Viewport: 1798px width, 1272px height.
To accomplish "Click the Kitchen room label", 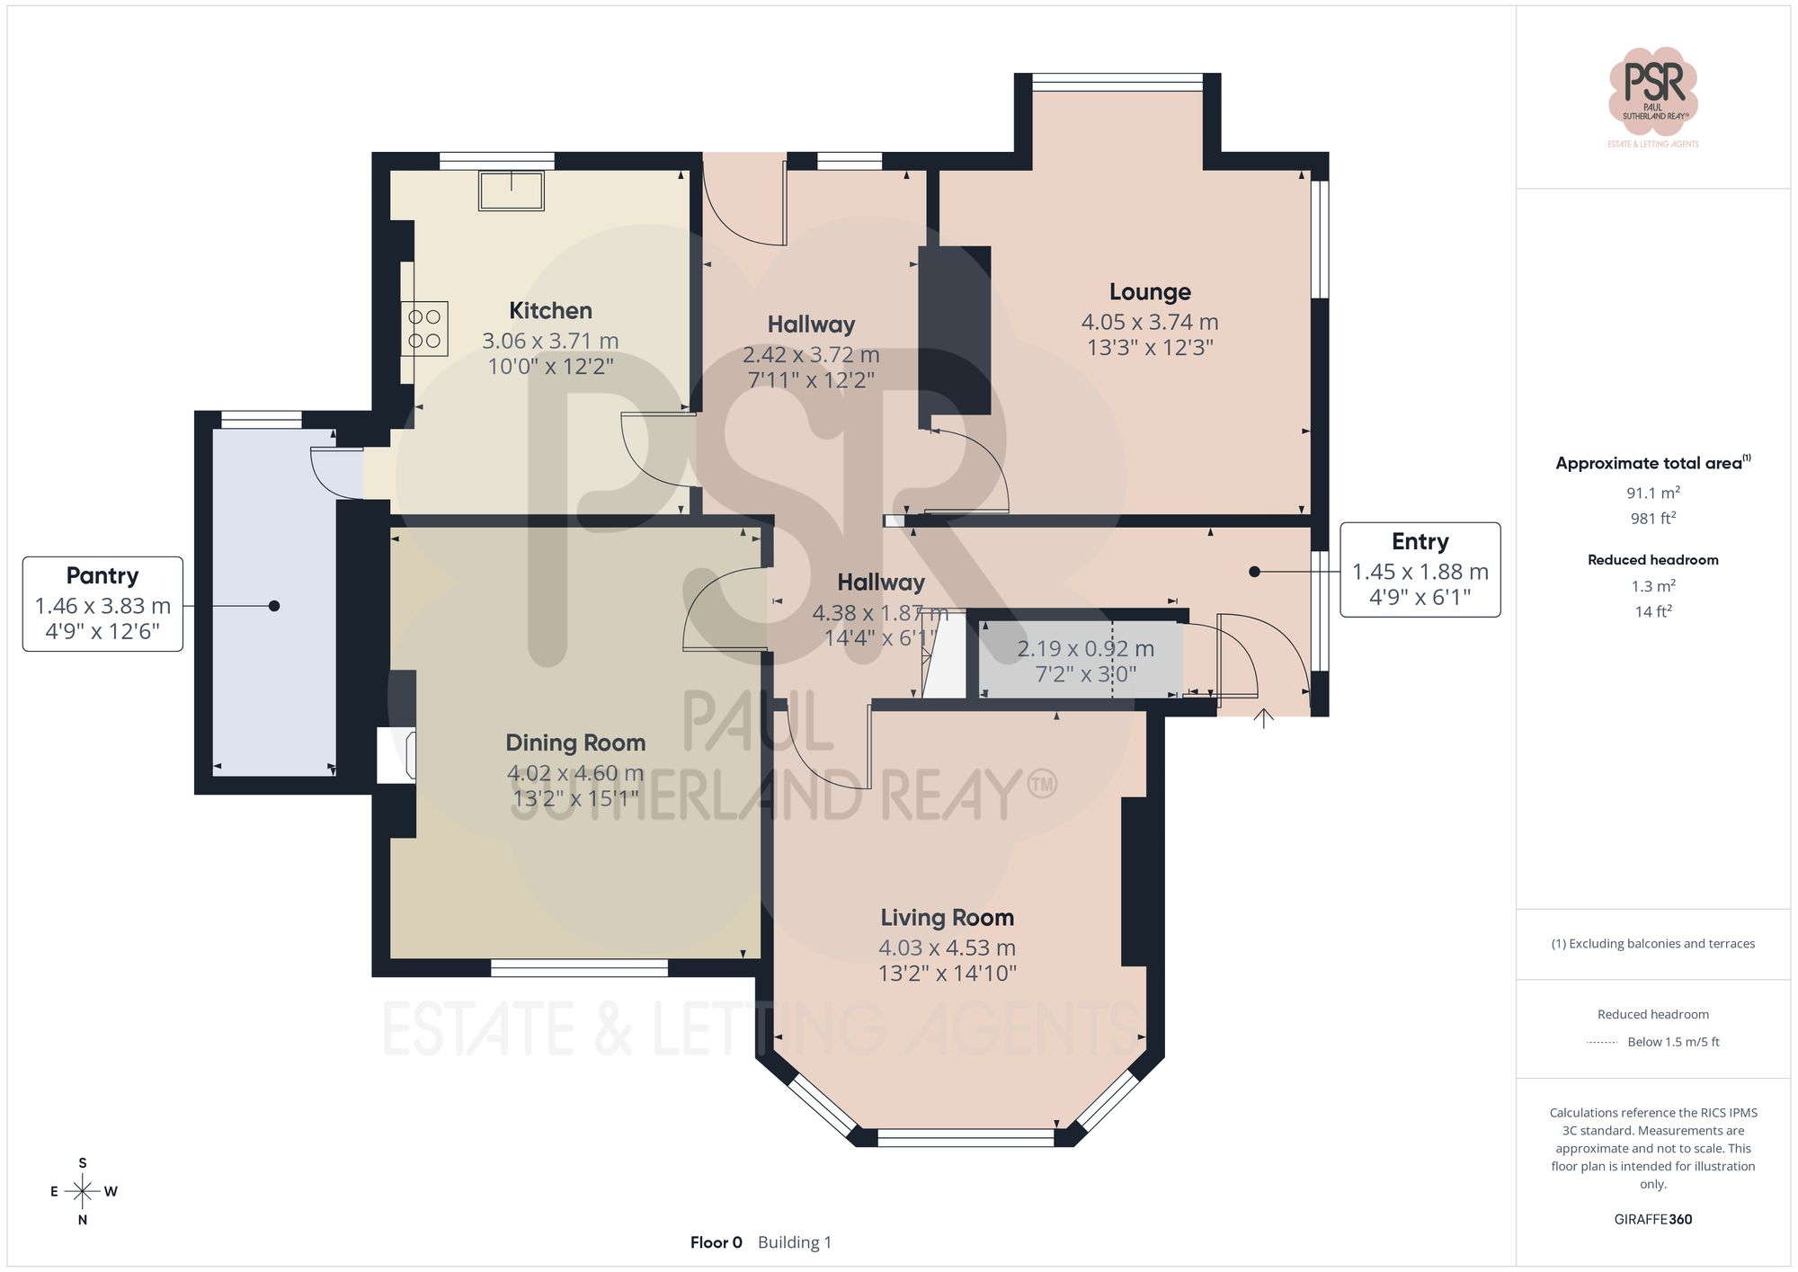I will (550, 311).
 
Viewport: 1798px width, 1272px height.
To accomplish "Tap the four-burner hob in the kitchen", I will (424, 329).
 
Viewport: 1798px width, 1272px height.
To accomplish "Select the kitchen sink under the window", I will (512, 191).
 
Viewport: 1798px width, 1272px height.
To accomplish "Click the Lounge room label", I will (1150, 292).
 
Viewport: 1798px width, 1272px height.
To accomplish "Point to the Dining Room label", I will (575, 743).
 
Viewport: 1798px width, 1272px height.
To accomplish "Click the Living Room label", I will (947, 918).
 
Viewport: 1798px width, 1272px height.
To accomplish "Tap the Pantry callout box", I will (102, 603).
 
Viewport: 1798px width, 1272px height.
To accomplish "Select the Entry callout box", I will (1420, 569).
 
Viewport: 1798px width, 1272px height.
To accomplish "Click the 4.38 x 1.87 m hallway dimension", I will (879, 613).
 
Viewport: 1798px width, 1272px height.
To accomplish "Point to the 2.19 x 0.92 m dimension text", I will (1085, 649).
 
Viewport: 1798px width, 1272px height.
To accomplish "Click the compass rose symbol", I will (83, 1192).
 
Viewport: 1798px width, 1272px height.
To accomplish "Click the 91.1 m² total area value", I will (1652, 493).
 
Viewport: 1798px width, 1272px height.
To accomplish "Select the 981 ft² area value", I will (1652, 519).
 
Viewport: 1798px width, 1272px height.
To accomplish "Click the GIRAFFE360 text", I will (1652, 1220).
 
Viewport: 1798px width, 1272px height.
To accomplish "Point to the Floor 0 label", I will (716, 1242).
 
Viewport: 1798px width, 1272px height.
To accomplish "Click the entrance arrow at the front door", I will (1264, 717).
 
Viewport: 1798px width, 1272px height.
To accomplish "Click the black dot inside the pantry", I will (274, 606).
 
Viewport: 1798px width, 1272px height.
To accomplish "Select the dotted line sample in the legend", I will (1602, 1043).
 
